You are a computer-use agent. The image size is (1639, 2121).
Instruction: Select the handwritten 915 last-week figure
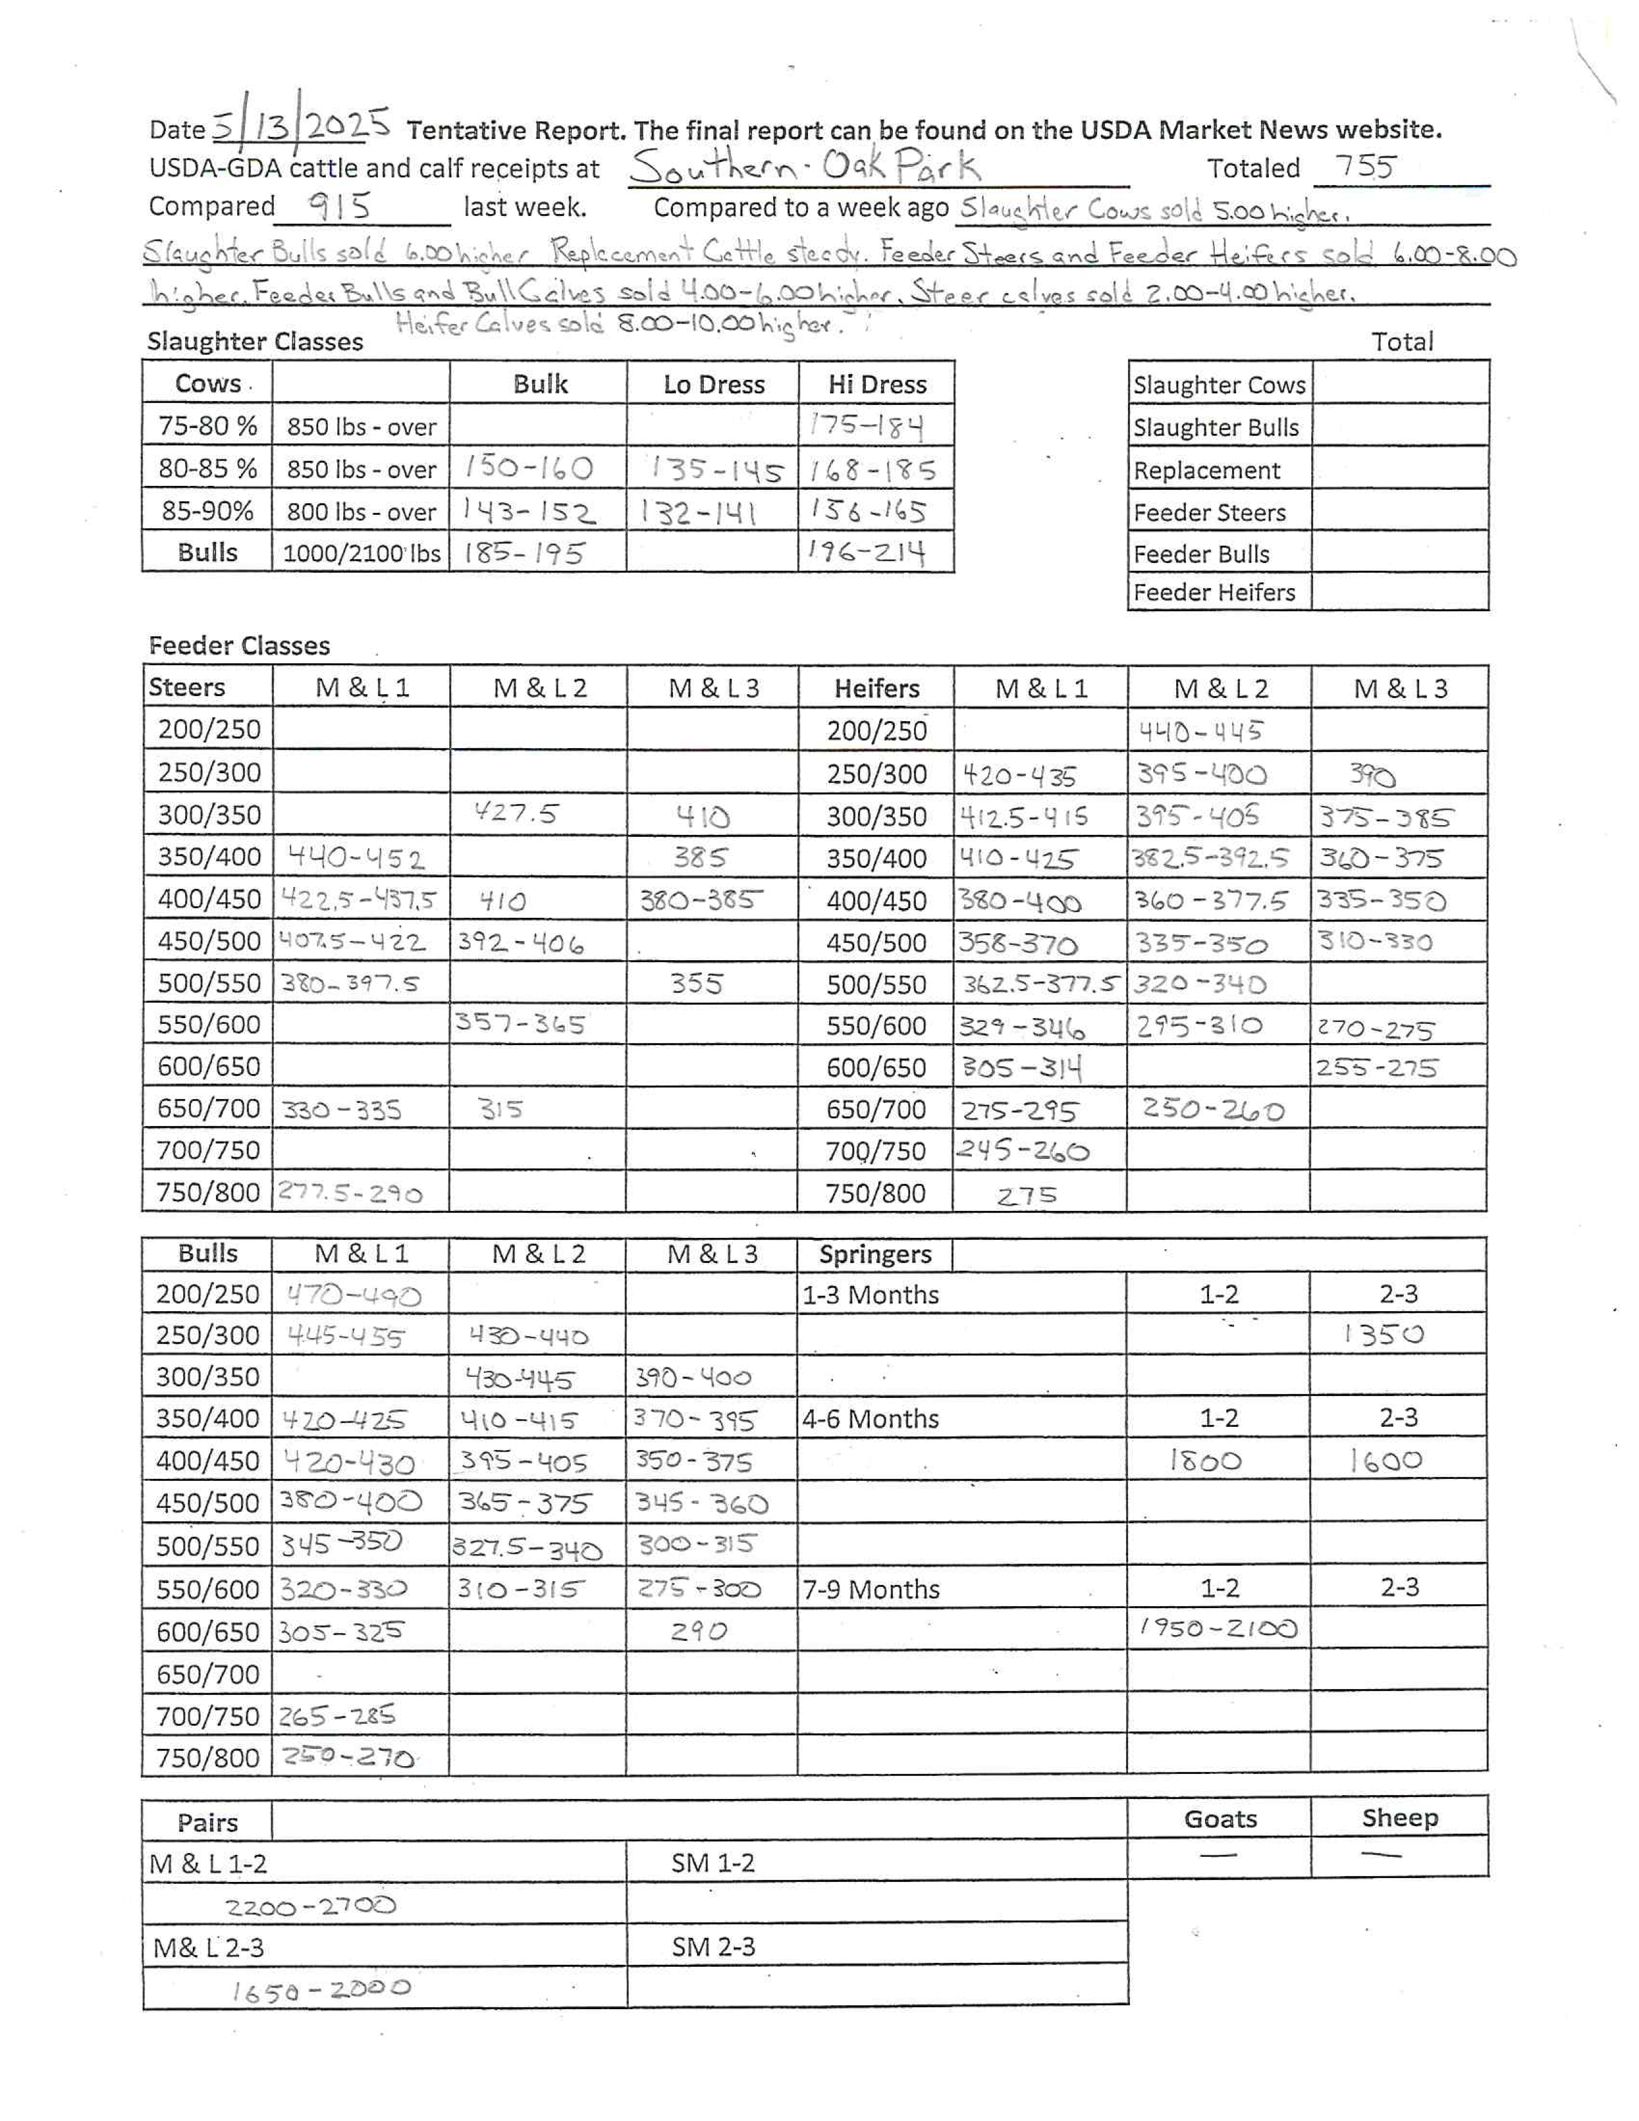(339, 206)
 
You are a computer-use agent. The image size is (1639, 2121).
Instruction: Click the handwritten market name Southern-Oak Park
(804, 167)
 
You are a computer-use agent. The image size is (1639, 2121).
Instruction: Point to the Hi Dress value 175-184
(866, 425)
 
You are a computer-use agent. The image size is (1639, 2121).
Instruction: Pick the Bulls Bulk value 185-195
(524, 553)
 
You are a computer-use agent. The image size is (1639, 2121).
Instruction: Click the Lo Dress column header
(713, 384)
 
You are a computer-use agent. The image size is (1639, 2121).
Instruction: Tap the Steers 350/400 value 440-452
(355, 857)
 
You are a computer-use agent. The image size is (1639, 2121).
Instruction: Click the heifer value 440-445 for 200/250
(1200, 730)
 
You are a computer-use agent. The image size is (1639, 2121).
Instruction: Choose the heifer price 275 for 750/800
(1026, 1195)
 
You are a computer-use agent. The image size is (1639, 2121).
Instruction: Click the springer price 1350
(1384, 1334)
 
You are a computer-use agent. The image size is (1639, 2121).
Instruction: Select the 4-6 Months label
(871, 1419)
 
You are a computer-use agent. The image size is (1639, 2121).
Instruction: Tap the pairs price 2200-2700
(310, 1906)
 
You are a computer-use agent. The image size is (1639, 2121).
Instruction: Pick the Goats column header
(1219, 1819)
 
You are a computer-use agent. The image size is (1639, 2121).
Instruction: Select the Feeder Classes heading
(239, 646)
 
